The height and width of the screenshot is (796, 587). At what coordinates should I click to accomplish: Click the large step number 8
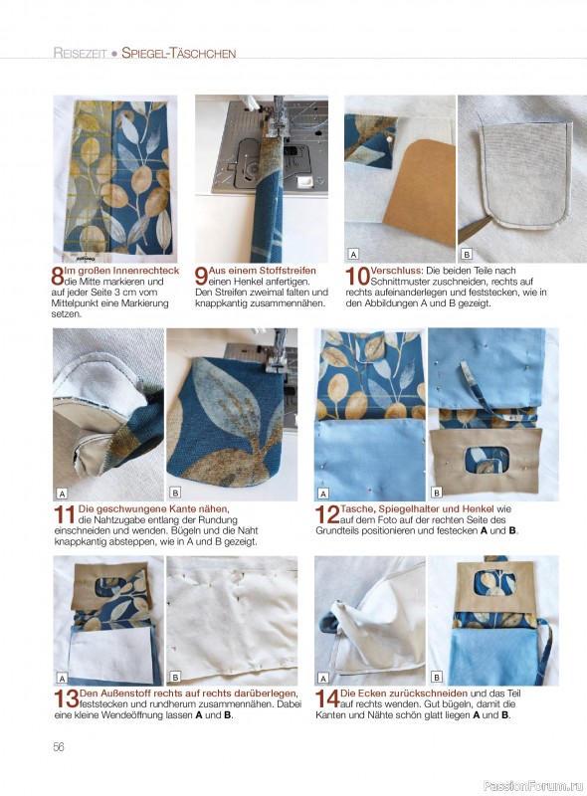coord(58,277)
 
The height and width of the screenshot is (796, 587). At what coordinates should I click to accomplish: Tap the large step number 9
coord(201,277)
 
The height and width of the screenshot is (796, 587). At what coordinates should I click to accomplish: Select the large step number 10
coord(357,277)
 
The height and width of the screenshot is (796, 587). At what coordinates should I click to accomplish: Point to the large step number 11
coord(65,514)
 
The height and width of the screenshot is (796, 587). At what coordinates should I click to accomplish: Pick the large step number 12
coord(327,514)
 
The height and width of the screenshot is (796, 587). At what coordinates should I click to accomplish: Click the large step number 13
coord(67,699)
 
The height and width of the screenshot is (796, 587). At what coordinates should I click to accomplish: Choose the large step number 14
coord(327,699)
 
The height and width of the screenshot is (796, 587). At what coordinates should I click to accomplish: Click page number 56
coord(59,747)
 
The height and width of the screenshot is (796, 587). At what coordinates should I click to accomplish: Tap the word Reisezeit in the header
coord(81,53)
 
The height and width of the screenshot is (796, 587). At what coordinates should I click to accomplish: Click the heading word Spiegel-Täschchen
coord(179,53)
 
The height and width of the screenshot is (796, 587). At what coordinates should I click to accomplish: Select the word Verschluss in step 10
coord(396,271)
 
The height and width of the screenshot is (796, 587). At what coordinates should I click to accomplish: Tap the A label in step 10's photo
coord(353,254)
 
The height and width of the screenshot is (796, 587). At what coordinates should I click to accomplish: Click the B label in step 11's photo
coord(175,493)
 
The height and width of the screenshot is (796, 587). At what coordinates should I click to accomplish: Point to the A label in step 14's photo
coord(323,678)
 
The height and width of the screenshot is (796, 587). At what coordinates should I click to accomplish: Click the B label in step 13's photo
coord(175,677)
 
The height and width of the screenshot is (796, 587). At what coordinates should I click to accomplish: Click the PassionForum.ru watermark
coord(532,786)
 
